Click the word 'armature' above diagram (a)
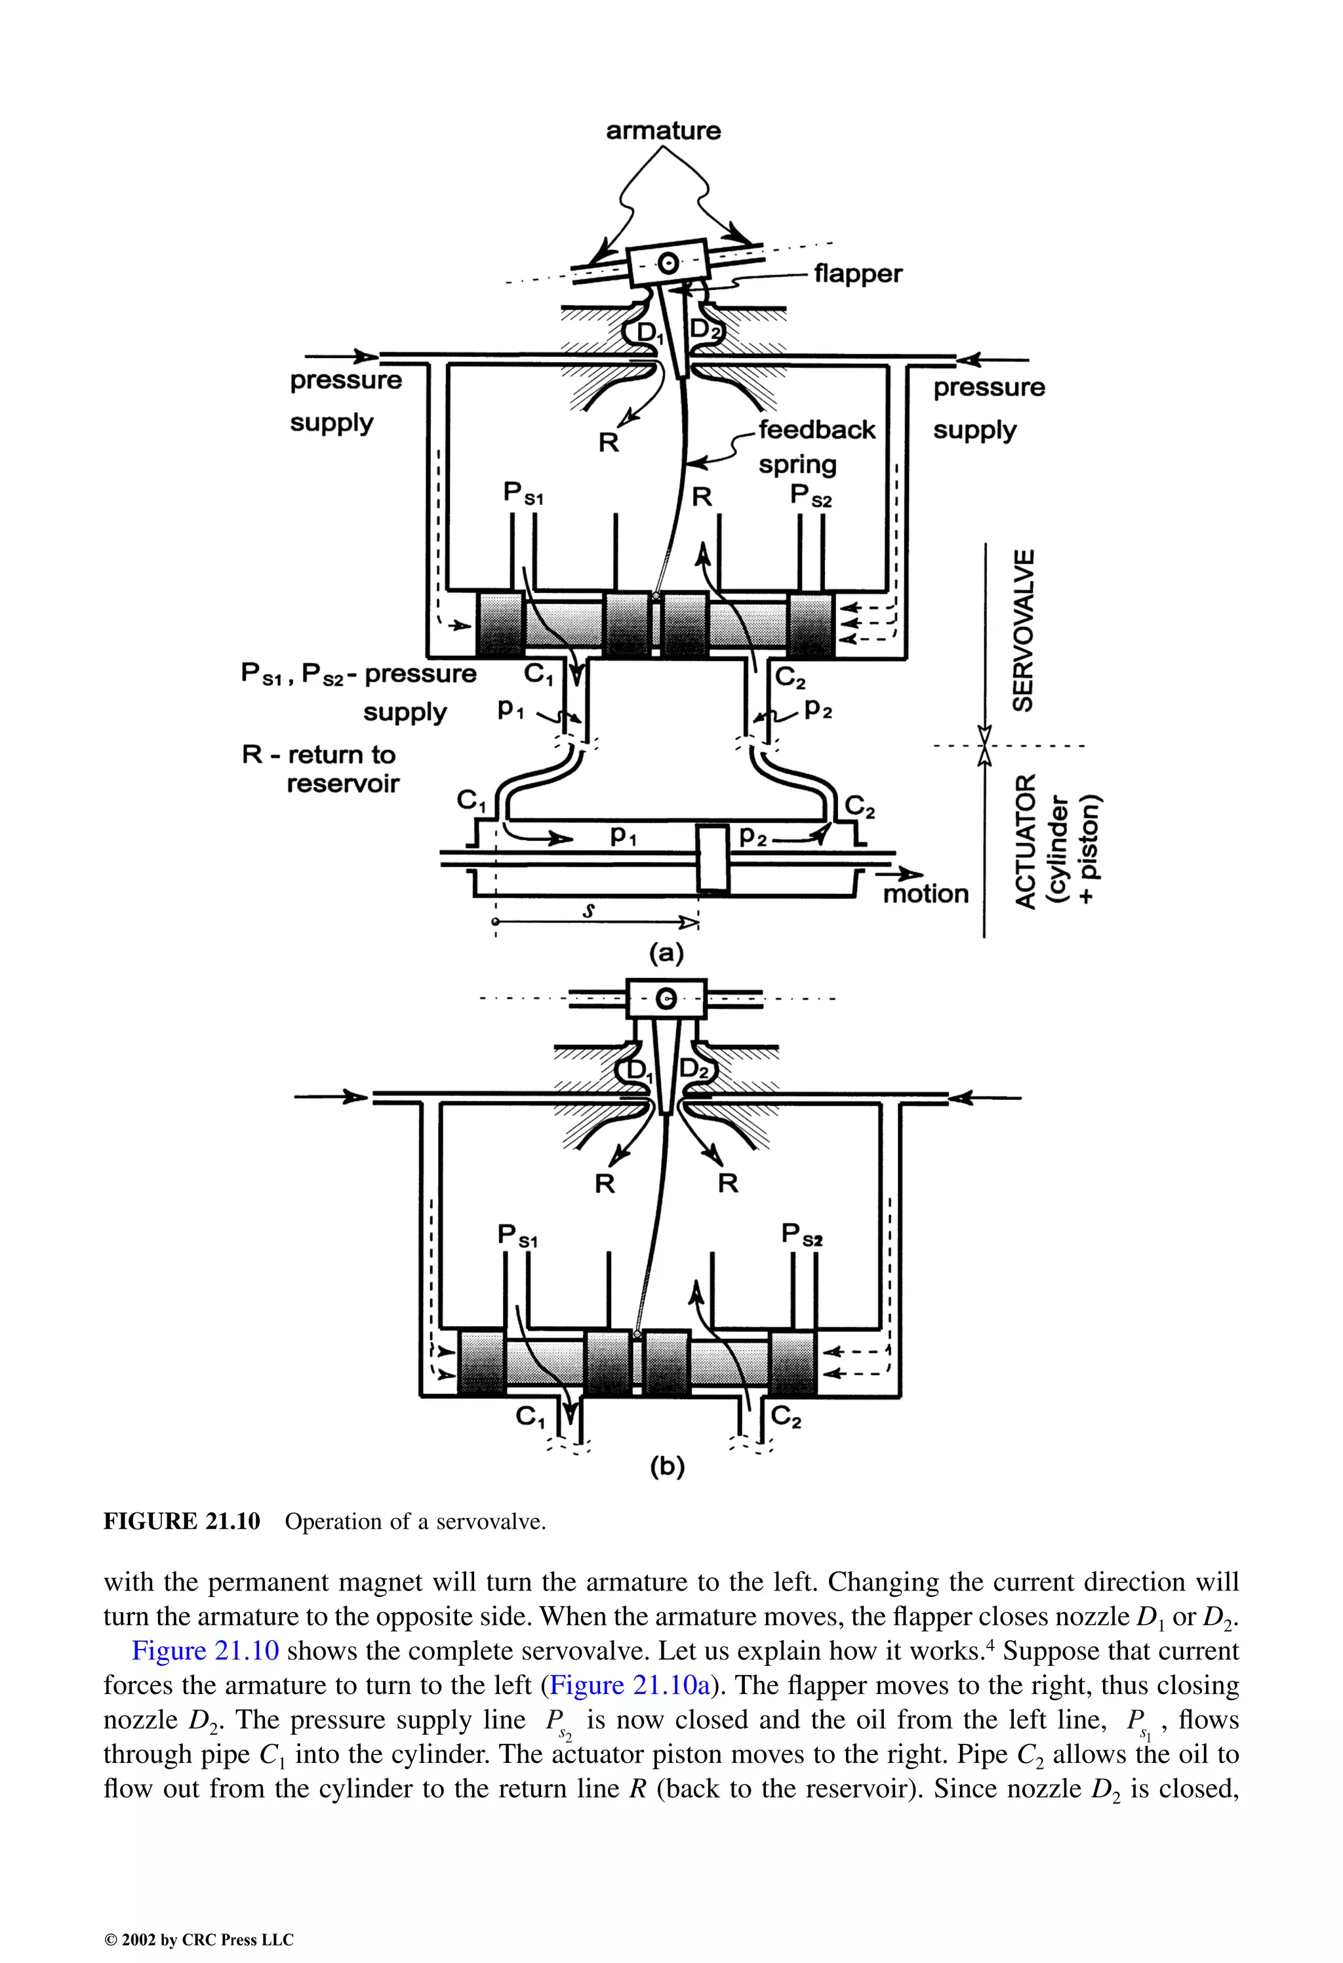coord(663,131)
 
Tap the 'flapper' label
coord(857,273)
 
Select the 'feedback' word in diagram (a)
coord(817,430)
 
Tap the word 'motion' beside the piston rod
coord(926,894)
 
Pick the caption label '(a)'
coord(666,954)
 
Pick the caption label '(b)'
coord(668,1467)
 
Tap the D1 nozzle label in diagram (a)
coord(648,334)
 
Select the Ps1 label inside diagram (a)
coord(523,493)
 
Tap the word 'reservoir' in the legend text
coord(342,784)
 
